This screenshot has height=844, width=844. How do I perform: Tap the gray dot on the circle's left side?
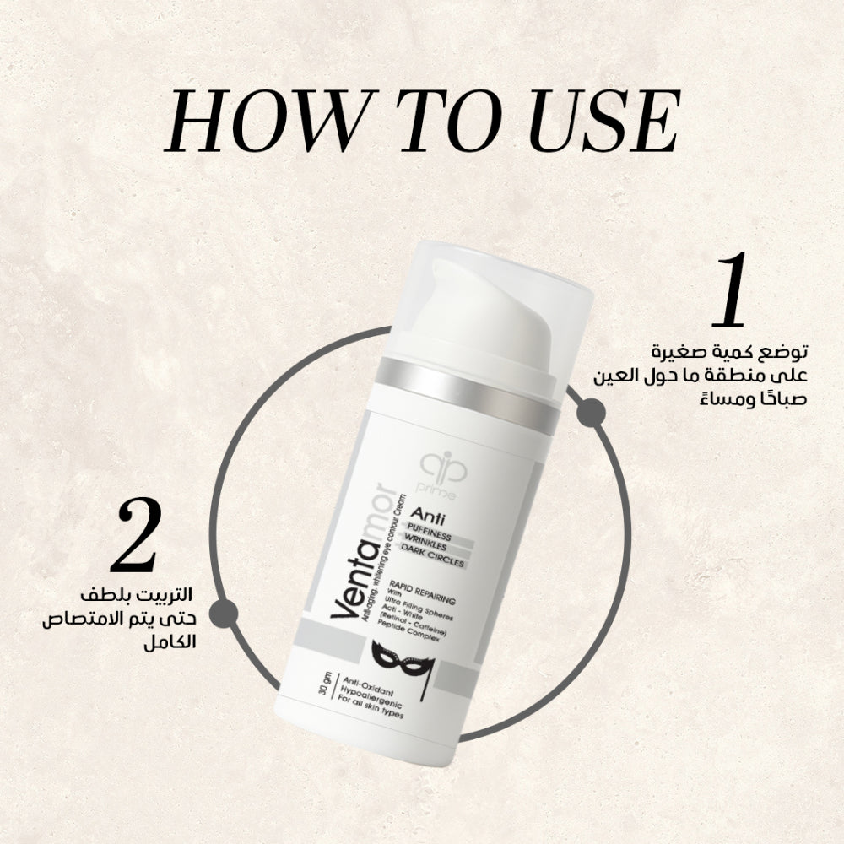pos(224,614)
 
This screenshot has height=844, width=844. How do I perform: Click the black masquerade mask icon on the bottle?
pos(402,662)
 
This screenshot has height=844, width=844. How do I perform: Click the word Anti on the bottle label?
pos(427,517)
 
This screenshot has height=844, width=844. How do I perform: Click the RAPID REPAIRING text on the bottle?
pos(422,592)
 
